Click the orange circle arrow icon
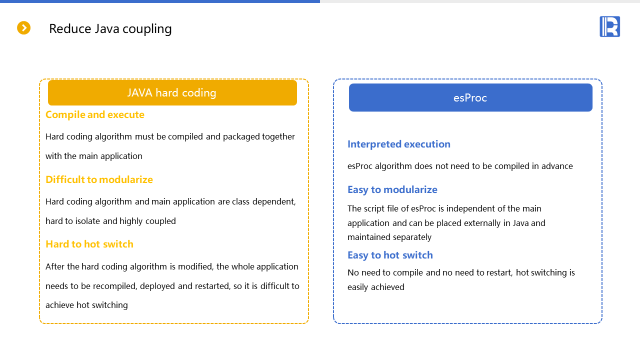23,28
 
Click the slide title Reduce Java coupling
110,28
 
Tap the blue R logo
609,26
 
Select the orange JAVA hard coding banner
172,92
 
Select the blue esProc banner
470,97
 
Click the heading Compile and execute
94,114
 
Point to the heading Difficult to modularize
99,179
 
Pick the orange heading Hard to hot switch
89,244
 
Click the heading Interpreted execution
398,144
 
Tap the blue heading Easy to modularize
392,189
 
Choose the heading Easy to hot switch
390,255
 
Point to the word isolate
85,221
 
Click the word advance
556,166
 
